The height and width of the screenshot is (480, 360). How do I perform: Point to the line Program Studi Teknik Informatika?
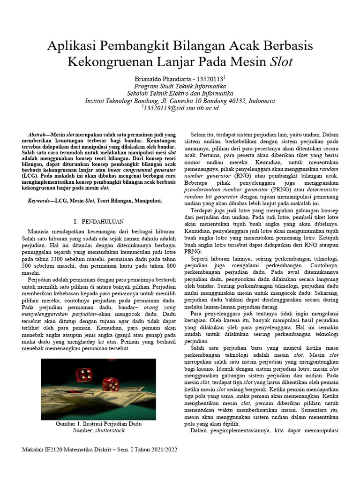180,86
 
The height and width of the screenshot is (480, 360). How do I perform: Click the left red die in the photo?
84,374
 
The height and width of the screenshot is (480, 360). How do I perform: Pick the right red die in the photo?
111,384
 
